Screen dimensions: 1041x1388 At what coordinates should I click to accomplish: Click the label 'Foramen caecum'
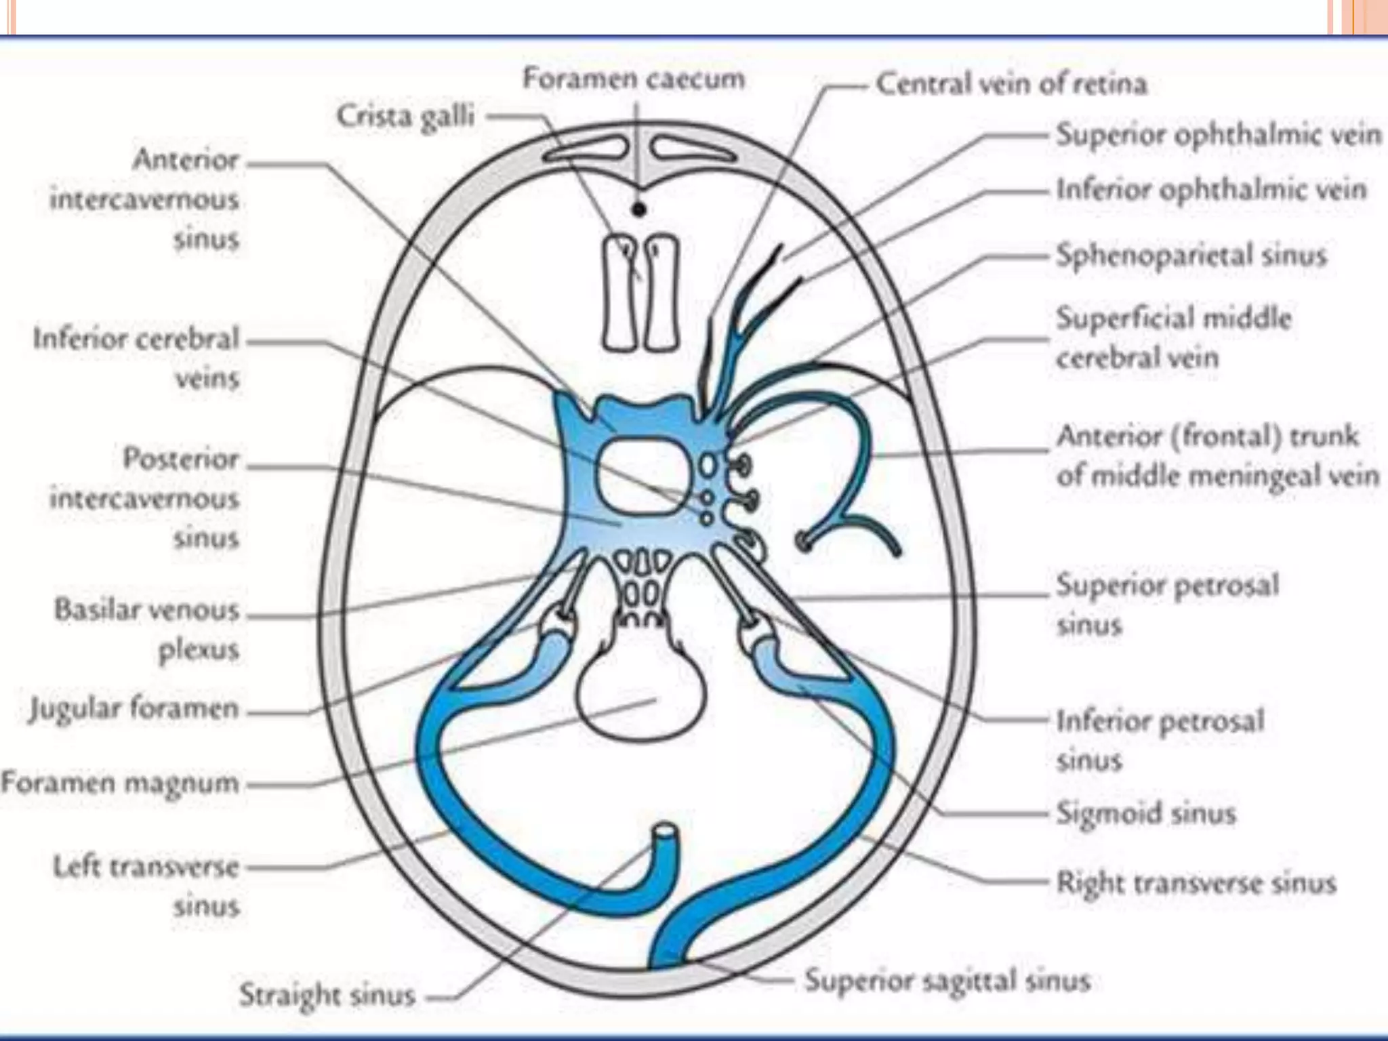pyautogui.click(x=634, y=79)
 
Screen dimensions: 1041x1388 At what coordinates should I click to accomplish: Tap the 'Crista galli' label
pyautogui.click(x=405, y=116)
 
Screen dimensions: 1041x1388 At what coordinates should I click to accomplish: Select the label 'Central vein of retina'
pyautogui.click(x=1011, y=84)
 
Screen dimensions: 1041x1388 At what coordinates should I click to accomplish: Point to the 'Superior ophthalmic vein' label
pyautogui.click(x=1218, y=134)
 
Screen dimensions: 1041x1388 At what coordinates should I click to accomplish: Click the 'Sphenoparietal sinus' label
pyautogui.click(x=1191, y=256)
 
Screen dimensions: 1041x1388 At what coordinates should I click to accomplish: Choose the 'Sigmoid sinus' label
pyautogui.click(x=1146, y=812)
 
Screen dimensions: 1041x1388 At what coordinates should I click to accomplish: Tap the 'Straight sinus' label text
pyautogui.click(x=327, y=995)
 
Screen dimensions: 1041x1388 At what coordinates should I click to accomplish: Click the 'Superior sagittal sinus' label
pyautogui.click(x=947, y=980)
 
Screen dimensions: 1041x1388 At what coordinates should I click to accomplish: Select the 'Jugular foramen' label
pyautogui.click(x=134, y=709)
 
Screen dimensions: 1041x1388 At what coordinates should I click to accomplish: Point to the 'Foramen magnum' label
pyautogui.click(x=121, y=782)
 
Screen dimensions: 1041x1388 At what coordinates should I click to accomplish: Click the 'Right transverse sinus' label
pyautogui.click(x=1196, y=882)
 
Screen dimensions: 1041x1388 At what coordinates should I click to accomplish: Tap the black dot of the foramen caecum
pyautogui.click(x=638, y=210)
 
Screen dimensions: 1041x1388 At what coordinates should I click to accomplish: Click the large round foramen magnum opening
pyautogui.click(x=640, y=698)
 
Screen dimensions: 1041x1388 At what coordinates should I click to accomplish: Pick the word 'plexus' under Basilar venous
pyautogui.click(x=199, y=649)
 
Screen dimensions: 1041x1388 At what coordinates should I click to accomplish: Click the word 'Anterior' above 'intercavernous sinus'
pyautogui.click(x=186, y=160)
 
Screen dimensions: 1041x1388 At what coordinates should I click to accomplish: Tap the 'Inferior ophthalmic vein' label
pyautogui.click(x=1211, y=190)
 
